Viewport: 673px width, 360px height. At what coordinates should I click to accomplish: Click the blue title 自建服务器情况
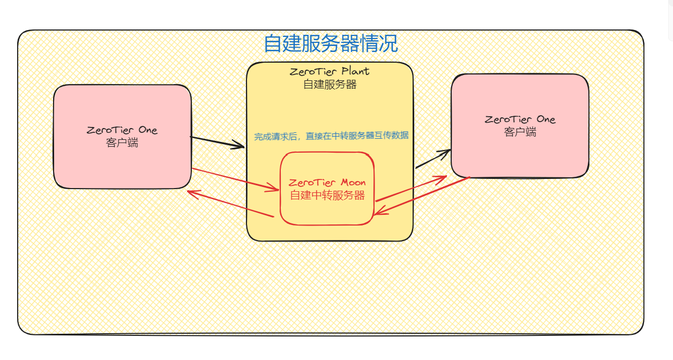[331, 44]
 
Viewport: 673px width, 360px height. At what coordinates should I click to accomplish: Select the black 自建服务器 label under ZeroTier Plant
[330, 84]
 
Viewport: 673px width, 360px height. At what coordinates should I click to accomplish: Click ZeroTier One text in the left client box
[122, 130]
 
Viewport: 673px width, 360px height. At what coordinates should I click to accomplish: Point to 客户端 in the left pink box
[122, 143]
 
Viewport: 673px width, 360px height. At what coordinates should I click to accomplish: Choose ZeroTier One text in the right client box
[520, 119]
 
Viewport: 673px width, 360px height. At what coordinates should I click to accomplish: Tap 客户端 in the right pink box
[520, 132]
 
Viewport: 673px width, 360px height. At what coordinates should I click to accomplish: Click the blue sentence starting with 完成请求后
[331, 136]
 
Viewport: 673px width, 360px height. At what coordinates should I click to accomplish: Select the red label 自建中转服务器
[327, 196]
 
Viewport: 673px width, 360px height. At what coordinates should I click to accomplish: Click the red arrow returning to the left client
[230, 204]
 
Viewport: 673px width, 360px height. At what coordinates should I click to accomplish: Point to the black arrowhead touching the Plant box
[239, 145]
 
